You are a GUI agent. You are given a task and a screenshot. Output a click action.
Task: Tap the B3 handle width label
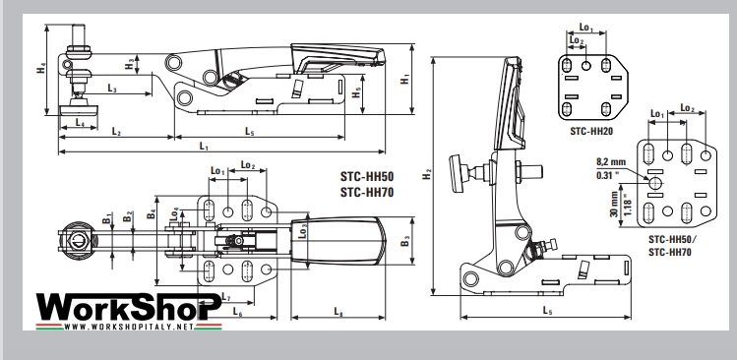click(405, 239)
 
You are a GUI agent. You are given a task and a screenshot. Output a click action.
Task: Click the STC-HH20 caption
click(591, 129)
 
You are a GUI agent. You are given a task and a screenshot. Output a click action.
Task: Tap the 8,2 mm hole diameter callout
click(610, 160)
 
